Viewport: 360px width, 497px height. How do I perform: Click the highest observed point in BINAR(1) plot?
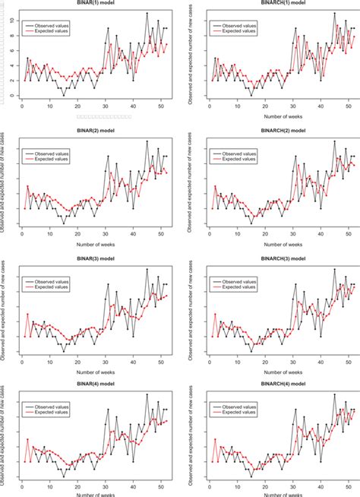(x=146, y=14)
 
